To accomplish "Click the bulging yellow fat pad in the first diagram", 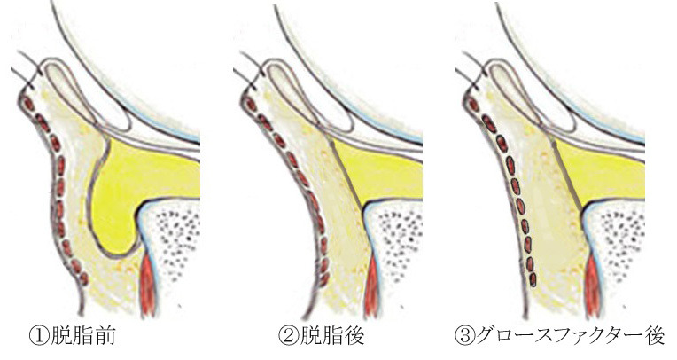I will point(133,191).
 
